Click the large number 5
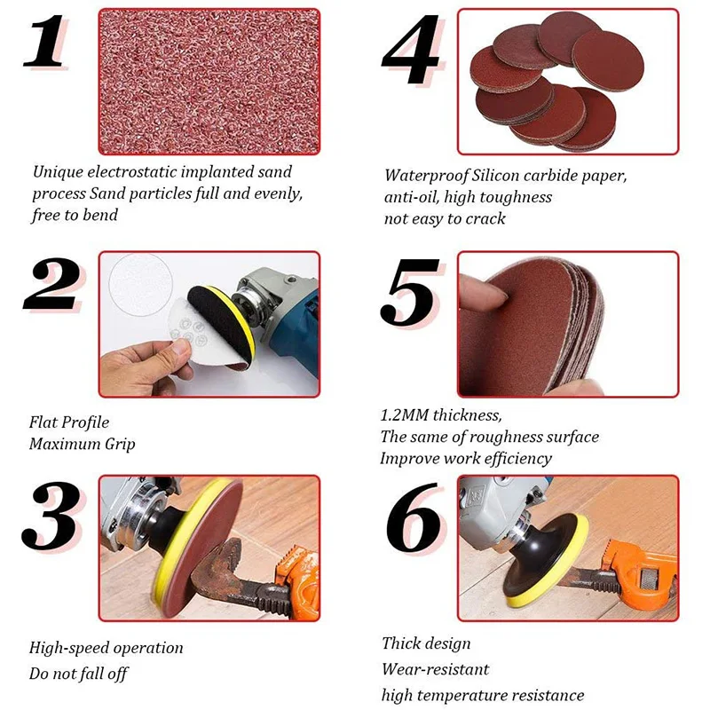[411, 293]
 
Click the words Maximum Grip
[82, 444]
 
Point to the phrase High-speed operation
[106, 648]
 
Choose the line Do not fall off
[78, 674]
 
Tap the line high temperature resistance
[483, 695]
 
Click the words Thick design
[426, 643]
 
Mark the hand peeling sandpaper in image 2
[142, 364]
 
